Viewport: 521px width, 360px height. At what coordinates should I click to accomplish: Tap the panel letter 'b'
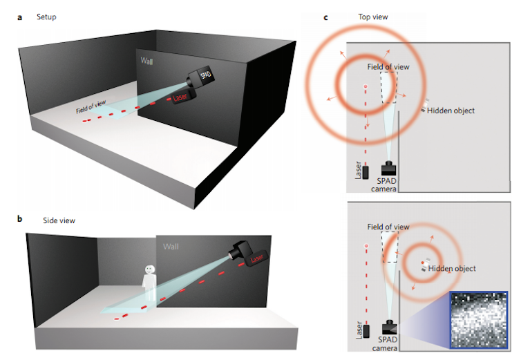point(19,220)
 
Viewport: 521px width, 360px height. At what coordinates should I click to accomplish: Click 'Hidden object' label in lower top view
point(452,268)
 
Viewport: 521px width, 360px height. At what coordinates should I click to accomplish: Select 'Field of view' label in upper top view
point(388,67)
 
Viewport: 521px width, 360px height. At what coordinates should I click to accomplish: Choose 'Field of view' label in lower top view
point(388,227)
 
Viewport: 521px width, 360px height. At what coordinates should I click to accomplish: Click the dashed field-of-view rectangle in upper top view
point(388,88)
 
